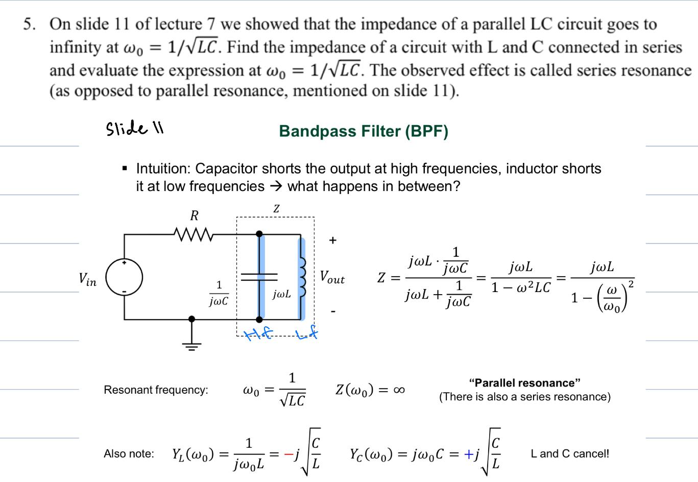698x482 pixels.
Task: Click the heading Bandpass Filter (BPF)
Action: pos(364,131)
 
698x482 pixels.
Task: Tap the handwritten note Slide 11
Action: pos(134,128)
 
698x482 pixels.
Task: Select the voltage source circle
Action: pos(124,277)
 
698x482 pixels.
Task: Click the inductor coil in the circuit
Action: pos(301,277)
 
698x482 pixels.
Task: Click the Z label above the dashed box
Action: pos(276,209)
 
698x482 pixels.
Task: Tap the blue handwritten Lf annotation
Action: pos(307,334)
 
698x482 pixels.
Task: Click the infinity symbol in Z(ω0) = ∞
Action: pos(399,390)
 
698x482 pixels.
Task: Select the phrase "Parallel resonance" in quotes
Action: pos(524,383)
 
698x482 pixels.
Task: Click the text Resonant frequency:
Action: pos(156,390)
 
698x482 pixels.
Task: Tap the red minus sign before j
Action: pos(288,453)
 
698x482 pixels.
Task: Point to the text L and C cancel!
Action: pos(570,453)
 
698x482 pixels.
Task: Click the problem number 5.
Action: pos(29,24)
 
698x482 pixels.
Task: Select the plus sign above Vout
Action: pos(332,240)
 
